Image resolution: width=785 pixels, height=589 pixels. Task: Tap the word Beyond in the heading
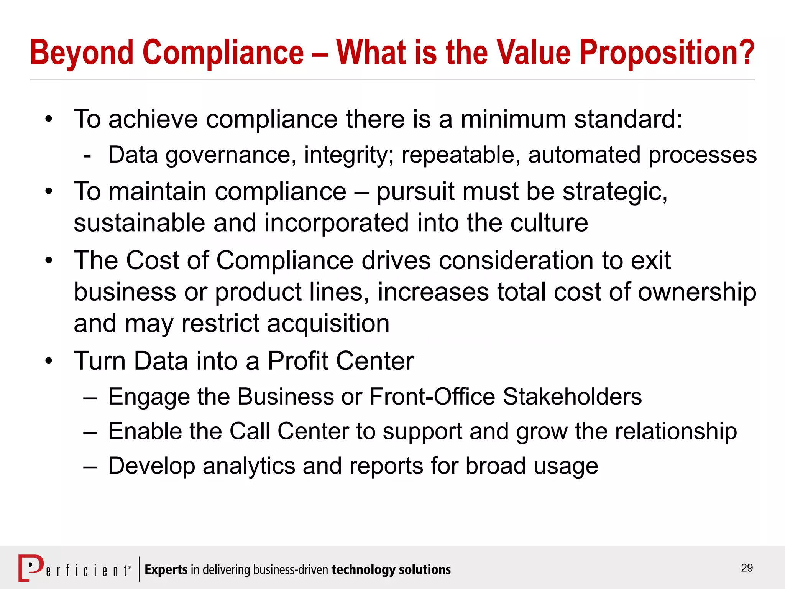tap(82, 53)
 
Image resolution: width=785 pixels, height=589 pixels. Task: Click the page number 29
tap(747, 568)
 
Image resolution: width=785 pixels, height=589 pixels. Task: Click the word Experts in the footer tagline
tap(166, 570)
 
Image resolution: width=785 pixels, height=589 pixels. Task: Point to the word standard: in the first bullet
tap(628, 119)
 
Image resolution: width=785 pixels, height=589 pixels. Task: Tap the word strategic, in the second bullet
tap(615, 191)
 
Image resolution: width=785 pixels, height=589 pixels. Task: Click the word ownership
tap(697, 292)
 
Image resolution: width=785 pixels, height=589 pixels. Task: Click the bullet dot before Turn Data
tap(48, 361)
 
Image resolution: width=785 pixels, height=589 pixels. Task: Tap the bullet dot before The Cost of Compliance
tap(48, 261)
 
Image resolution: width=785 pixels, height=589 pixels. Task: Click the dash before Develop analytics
tap(90, 467)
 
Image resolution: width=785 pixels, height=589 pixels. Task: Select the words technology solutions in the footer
tap(391, 570)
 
